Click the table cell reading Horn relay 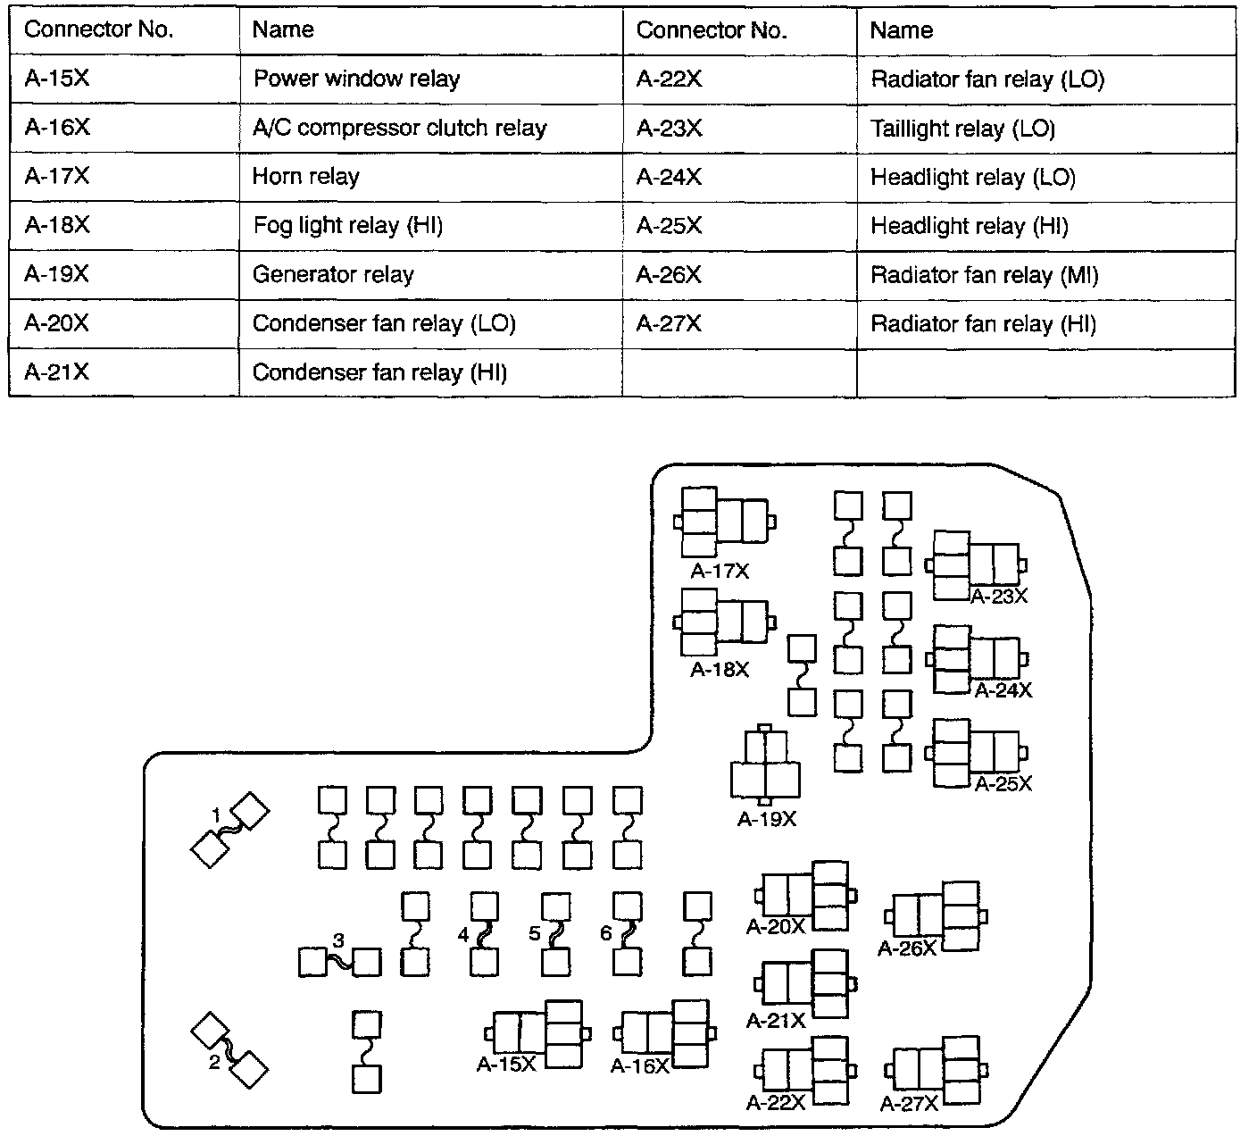coord(430,176)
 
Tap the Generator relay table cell coord(430,274)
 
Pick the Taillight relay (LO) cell coord(1045,129)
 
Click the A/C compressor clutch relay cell coord(430,128)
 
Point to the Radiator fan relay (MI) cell coord(1045,275)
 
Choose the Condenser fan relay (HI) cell coord(430,372)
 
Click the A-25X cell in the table coord(738,226)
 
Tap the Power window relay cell coord(430,79)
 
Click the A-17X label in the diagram coord(720,572)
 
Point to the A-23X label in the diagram coord(999,597)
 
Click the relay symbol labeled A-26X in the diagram coord(937,915)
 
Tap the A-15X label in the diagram coord(506,1065)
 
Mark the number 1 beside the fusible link coord(216,814)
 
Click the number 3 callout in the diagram coord(338,940)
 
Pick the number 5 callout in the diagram coord(535,933)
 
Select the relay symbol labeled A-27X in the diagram coord(937,1070)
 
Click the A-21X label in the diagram coord(776,1020)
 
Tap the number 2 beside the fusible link coord(214,1063)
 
